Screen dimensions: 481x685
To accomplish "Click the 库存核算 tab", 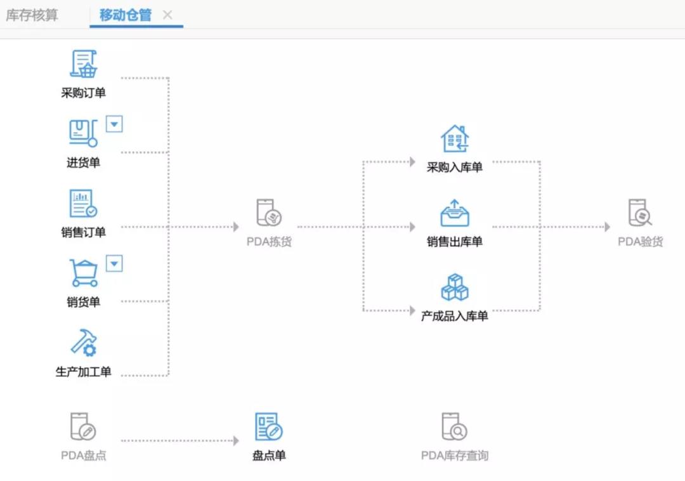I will [x=32, y=15].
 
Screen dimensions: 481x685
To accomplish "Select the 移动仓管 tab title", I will [x=126, y=15].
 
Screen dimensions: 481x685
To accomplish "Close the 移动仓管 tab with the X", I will [x=167, y=15].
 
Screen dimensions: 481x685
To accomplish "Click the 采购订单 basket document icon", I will [x=83, y=64].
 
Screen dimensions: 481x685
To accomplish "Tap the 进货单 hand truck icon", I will [x=83, y=133].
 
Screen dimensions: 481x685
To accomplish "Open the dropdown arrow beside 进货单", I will [x=114, y=124].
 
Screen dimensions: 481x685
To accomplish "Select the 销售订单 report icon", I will [x=83, y=204].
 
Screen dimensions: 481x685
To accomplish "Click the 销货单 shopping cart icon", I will [x=83, y=273].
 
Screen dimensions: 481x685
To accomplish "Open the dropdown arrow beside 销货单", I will [x=114, y=263].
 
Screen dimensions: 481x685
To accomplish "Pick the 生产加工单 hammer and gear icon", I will [x=83, y=343].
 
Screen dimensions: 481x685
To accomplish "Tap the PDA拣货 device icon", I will [x=269, y=213].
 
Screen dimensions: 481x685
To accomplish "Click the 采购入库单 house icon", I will [x=455, y=139].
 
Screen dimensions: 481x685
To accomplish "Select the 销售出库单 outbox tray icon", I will [x=455, y=214].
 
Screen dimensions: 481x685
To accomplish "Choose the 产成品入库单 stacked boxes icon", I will [x=455, y=287].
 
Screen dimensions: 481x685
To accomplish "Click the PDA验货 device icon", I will [x=640, y=213].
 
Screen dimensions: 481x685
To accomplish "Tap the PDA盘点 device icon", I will [x=83, y=426].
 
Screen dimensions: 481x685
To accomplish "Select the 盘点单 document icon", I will [x=269, y=426].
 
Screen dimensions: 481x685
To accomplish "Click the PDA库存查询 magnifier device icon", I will [x=455, y=426].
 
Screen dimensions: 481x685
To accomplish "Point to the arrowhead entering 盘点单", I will [x=236, y=440].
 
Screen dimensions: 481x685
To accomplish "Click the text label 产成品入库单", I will [x=455, y=316].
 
